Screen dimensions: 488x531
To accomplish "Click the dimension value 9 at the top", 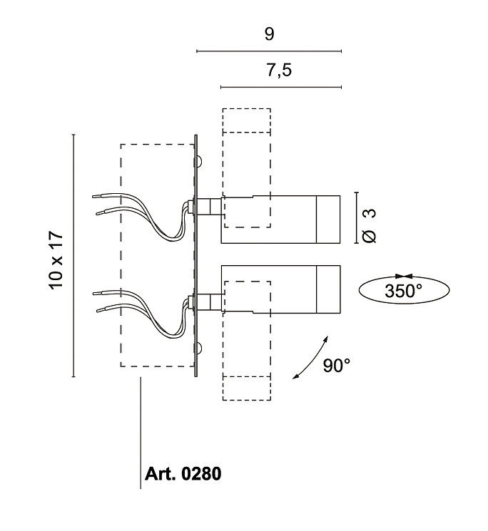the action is (269, 34).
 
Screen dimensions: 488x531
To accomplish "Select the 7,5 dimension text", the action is (278, 70).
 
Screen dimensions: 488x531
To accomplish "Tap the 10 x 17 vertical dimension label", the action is (56, 260).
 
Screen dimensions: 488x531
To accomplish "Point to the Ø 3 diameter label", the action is (369, 226).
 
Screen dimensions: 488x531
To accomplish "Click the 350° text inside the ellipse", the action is (403, 291).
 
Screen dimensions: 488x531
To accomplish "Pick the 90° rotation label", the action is (337, 366).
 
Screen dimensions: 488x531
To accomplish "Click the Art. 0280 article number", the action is (183, 473).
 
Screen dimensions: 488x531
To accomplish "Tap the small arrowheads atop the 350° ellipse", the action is (404, 277).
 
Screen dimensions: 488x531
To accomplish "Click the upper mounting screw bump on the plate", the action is (199, 161).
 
